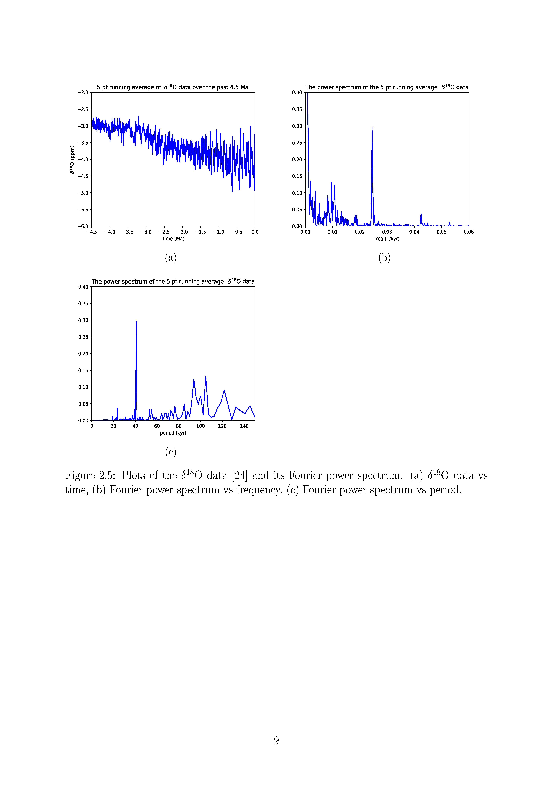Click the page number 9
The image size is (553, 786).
(x=276, y=740)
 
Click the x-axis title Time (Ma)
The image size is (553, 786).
(x=173, y=239)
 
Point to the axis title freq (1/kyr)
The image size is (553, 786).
(x=387, y=239)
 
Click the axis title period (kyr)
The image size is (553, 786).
(x=173, y=433)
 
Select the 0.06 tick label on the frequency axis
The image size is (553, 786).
(x=469, y=232)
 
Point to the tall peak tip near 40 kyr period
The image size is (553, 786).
(x=136, y=321)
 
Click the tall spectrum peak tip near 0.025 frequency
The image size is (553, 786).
(x=372, y=127)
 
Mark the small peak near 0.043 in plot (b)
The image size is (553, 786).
(x=421, y=214)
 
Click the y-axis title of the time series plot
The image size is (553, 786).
(x=72, y=160)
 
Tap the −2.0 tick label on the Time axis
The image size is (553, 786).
(x=182, y=232)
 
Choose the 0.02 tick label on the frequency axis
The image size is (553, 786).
(x=360, y=232)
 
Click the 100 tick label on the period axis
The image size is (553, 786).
(x=200, y=426)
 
